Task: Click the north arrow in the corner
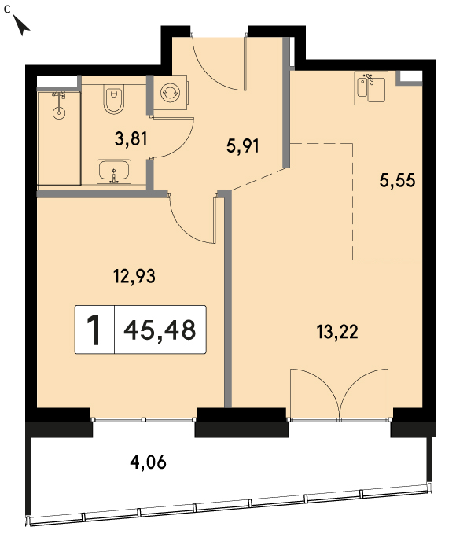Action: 22,25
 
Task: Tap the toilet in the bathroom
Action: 113,101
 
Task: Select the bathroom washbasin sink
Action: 114,171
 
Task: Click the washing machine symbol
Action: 171,93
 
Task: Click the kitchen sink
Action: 371,88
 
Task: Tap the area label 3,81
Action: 131,138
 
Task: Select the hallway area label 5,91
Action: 243,146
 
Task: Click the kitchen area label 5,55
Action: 397,181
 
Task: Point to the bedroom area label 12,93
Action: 134,277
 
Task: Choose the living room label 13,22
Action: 337,332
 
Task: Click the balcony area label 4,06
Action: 148,462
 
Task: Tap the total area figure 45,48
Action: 160,330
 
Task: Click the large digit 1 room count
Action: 94,330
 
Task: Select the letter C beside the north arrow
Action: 7,9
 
